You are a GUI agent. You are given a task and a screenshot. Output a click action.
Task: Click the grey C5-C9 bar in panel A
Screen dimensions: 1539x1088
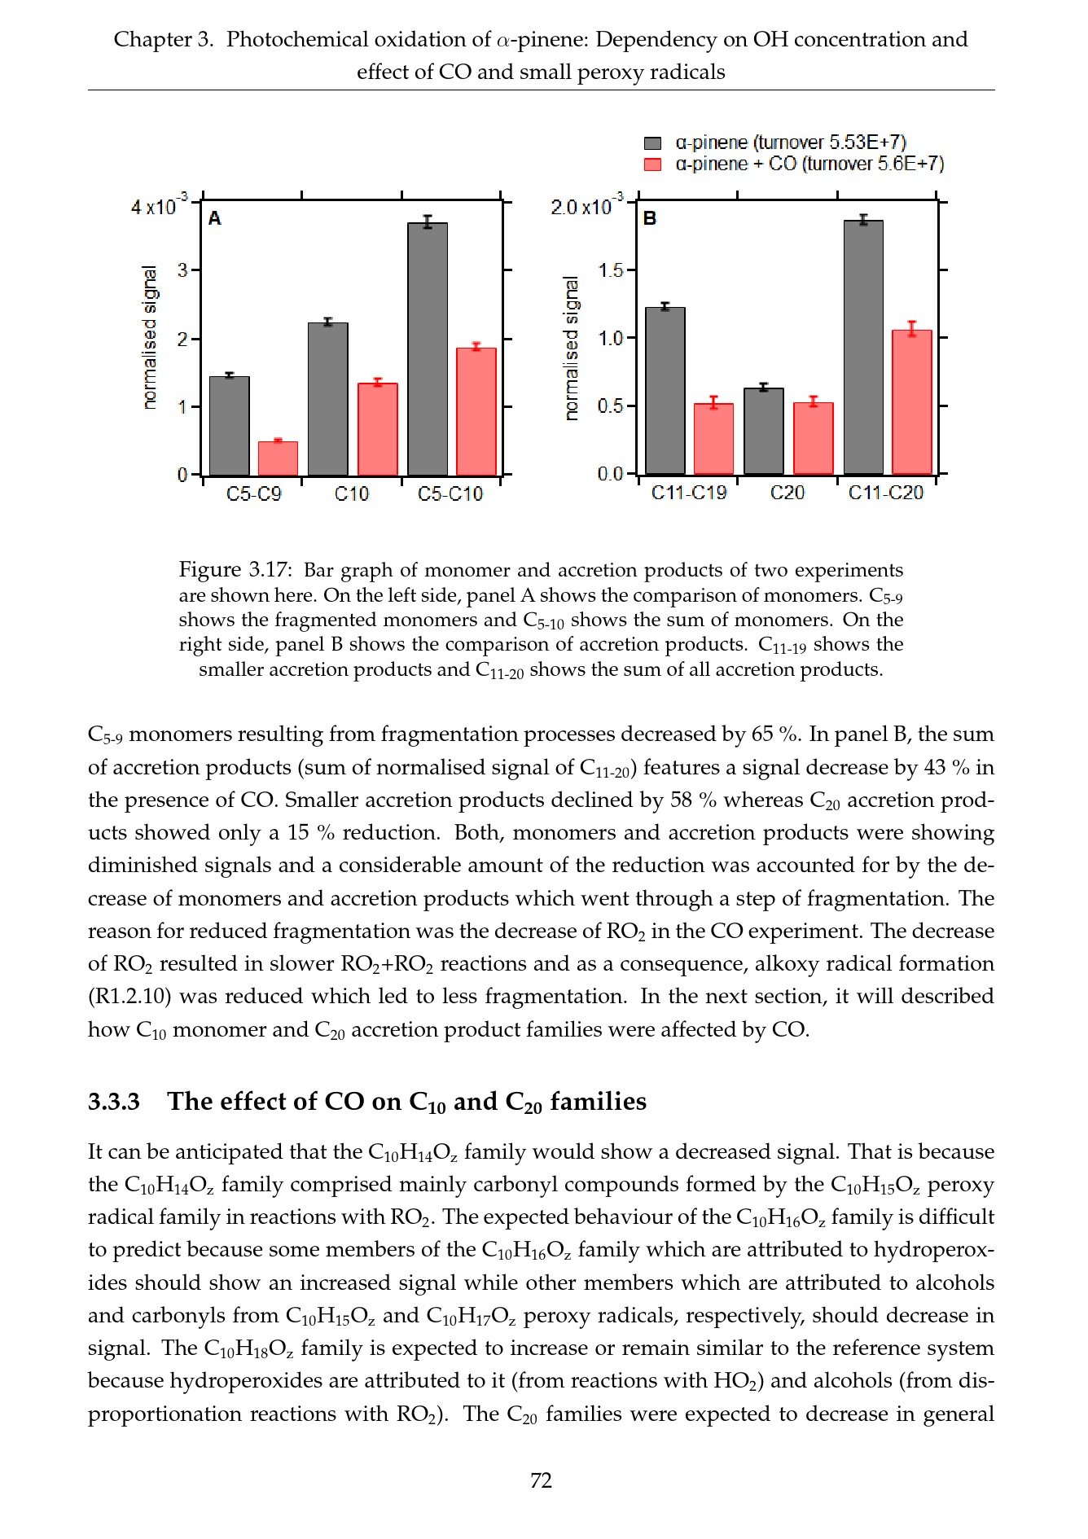coord(230,426)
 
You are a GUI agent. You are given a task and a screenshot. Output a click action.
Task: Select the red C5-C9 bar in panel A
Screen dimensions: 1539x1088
coord(278,458)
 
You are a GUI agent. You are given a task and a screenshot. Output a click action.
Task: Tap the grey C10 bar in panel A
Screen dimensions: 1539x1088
coord(328,399)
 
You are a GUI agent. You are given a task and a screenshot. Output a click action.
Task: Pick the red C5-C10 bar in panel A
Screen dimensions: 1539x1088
coord(476,411)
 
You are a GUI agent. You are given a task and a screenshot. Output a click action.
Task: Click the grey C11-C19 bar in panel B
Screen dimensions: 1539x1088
coord(665,391)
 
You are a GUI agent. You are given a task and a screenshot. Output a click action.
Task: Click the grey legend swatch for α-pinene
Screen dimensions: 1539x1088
coord(652,143)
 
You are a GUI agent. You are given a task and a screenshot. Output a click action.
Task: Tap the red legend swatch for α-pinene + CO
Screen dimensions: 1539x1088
coord(652,164)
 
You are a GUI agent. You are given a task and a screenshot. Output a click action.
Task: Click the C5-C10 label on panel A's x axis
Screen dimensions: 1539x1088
coord(450,494)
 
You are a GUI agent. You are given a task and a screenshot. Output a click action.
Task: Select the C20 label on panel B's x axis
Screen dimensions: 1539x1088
coord(787,493)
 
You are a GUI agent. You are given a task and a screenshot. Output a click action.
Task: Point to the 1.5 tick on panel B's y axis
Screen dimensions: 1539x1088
coord(611,270)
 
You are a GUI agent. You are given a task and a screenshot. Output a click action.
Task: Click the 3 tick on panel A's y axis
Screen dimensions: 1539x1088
coord(183,270)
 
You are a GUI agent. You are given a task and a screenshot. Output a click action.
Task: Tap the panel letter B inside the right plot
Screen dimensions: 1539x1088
coord(650,218)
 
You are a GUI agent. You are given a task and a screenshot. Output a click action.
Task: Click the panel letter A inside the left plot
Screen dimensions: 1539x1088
coord(215,218)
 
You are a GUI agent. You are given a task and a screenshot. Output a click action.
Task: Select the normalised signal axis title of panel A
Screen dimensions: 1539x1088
coord(149,337)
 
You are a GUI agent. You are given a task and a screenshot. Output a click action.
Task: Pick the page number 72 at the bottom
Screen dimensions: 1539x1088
coord(542,1480)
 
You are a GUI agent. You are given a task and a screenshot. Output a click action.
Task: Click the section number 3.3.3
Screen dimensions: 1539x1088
coord(114,1102)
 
